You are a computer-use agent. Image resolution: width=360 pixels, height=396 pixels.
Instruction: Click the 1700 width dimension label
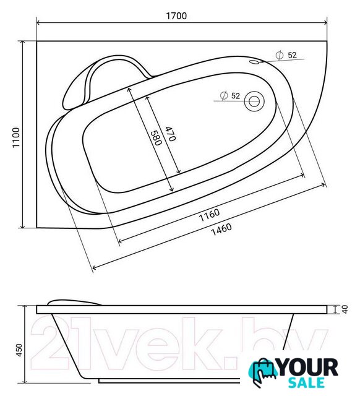(x=176, y=15)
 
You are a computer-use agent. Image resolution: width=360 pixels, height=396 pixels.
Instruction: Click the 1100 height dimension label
(x=17, y=137)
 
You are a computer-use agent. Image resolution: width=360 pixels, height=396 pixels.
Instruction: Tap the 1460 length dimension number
(x=221, y=230)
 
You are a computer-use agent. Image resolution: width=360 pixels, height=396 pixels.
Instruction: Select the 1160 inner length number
(x=209, y=215)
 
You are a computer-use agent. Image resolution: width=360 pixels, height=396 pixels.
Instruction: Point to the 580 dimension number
(x=156, y=138)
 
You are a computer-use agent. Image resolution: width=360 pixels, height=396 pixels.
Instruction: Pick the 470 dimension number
(x=170, y=134)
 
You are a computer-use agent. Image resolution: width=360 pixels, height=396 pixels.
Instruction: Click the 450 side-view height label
(x=19, y=350)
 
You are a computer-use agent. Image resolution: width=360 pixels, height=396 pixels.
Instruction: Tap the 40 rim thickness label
(x=345, y=309)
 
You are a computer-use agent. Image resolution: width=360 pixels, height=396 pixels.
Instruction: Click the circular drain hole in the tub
(x=254, y=101)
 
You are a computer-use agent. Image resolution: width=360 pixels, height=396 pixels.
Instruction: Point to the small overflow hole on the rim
(x=255, y=62)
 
